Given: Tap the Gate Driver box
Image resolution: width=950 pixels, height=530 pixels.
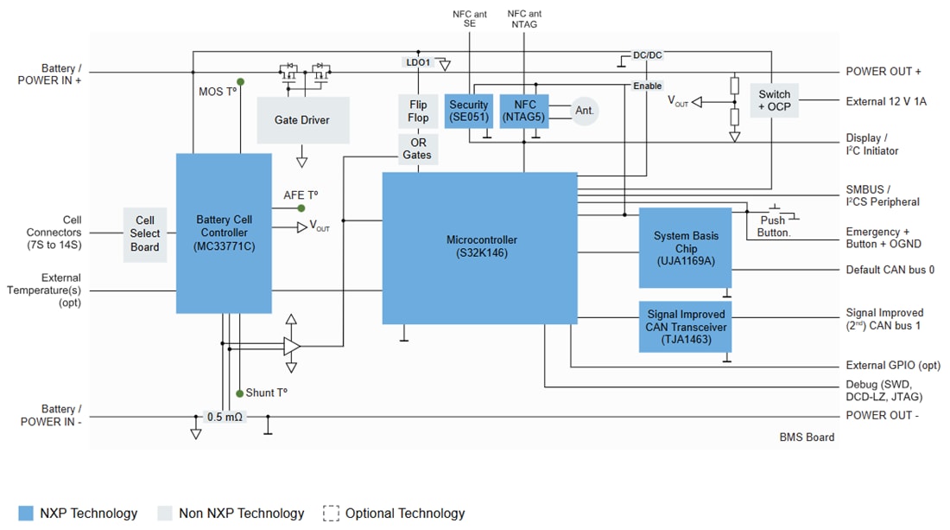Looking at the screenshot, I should (x=303, y=120).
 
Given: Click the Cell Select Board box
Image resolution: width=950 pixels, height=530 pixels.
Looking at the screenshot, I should (x=145, y=233).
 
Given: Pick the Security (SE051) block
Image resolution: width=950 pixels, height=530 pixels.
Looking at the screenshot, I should (x=468, y=111).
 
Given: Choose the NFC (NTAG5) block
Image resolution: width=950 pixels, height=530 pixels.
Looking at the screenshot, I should (x=524, y=111).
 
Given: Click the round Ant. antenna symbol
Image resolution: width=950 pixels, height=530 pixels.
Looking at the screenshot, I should (x=585, y=111).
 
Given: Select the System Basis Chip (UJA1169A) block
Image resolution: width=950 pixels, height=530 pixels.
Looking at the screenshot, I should (x=685, y=247).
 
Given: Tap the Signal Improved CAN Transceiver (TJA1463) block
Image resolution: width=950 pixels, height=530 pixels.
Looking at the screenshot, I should (x=685, y=327).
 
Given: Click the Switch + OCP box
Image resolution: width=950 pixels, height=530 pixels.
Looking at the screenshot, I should (x=773, y=100).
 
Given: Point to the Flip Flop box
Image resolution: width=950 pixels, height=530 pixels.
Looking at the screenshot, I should (x=418, y=112).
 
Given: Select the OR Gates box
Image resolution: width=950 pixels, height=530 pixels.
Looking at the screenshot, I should (x=418, y=149).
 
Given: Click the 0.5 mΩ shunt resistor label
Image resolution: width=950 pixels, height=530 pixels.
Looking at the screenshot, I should (x=225, y=417).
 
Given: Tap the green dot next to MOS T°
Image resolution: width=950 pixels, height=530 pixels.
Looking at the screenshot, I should (x=240, y=82).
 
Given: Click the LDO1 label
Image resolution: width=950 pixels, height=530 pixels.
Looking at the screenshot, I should (x=418, y=62).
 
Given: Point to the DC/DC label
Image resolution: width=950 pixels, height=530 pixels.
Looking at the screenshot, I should (x=647, y=55).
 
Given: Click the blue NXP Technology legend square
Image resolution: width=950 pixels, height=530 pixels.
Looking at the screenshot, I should (x=26, y=513).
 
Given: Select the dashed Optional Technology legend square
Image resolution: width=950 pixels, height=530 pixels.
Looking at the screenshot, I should (x=331, y=513).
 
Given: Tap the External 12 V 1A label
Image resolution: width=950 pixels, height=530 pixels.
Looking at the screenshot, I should (x=885, y=101).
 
